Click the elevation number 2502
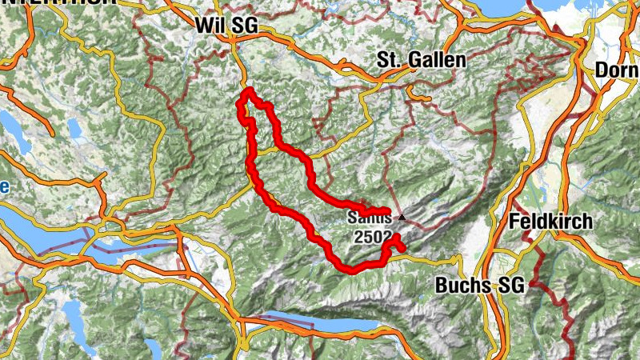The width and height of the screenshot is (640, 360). pos(373,238)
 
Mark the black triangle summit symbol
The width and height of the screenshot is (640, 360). pos(402,217)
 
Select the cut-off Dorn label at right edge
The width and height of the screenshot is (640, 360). pos(617,70)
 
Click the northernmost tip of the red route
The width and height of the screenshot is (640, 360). pos(248,91)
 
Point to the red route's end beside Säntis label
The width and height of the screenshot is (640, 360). pos(387,212)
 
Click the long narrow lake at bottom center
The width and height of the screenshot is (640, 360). pos(320,321)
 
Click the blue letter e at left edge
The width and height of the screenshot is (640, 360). pos(4,187)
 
